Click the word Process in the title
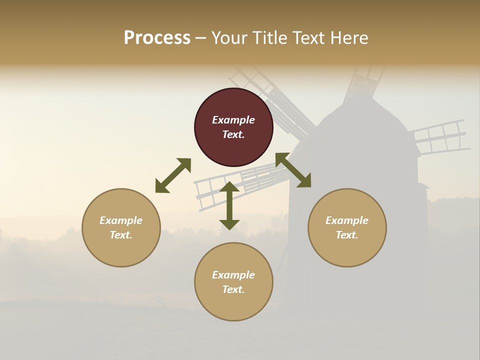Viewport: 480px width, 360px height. (157, 38)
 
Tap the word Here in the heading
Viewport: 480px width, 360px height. (348, 38)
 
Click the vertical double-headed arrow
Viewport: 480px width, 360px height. (229, 205)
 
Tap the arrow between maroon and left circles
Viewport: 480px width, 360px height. (173, 175)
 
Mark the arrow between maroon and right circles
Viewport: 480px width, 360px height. (293, 170)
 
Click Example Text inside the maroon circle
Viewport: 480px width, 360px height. (233, 127)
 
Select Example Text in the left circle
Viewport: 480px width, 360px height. (121, 227)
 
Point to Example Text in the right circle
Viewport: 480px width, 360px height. (347, 227)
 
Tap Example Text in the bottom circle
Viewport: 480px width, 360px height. (233, 282)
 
